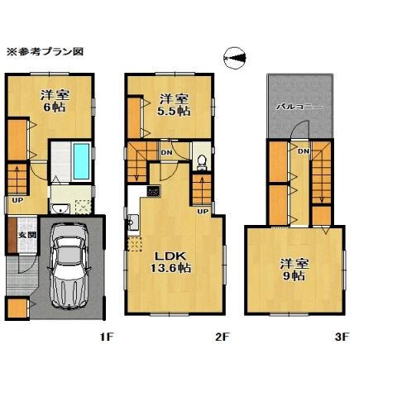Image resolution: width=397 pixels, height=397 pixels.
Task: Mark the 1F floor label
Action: [x=105, y=337]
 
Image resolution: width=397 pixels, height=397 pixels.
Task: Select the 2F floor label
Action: [x=222, y=337]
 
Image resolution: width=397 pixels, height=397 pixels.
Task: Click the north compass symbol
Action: [x=235, y=56]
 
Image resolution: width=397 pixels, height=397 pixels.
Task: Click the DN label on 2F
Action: [x=166, y=152]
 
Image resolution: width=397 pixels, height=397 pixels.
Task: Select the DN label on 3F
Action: [x=303, y=151]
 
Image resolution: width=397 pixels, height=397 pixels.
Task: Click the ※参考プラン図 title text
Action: [x=45, y=51]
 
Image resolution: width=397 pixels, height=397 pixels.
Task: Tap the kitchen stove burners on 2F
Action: [x=153, y=192]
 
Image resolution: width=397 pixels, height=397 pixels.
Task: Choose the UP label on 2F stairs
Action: [x=202, y=211]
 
